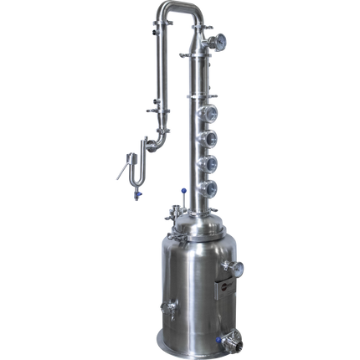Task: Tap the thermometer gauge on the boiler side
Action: point(239,270)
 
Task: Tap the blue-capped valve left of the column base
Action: point(172,213)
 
